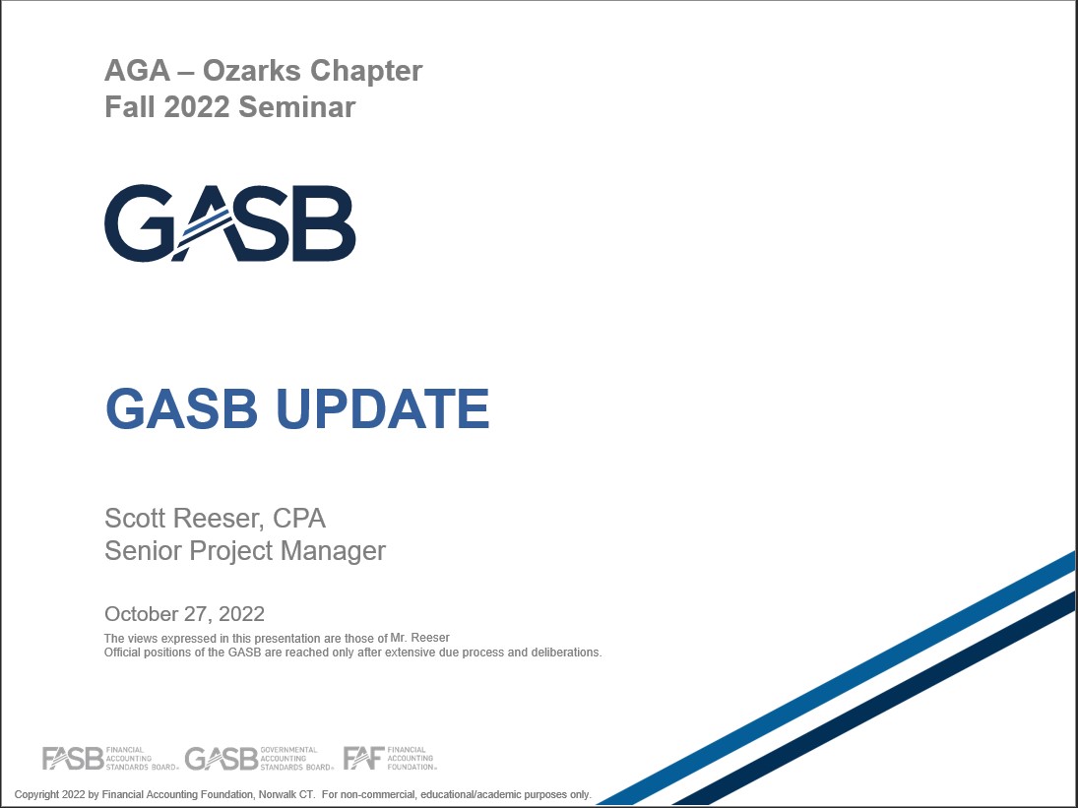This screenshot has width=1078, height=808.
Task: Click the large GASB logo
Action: click(229, 222)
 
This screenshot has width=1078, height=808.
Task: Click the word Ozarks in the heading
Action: click(251, 71)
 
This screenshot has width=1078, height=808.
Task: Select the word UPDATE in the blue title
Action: click(382, 408)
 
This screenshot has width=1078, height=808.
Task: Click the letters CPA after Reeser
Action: click(299, 518)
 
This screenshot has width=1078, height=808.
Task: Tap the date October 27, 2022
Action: click(184, 613)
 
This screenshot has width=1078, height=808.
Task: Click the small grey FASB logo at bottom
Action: click(110, 759)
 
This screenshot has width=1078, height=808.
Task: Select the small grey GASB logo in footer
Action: click(259, 759)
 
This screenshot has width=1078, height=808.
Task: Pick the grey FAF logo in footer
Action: click(390, 759)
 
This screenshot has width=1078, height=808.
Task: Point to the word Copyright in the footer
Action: click(36, 794)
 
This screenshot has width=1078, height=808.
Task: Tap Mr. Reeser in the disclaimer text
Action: click(419, 638)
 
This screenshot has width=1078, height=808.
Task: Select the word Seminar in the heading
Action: click(297, 107)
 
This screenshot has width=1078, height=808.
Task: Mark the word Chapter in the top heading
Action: click(366, 71)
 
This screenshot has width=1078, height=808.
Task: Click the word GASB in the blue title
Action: click(181, 408)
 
